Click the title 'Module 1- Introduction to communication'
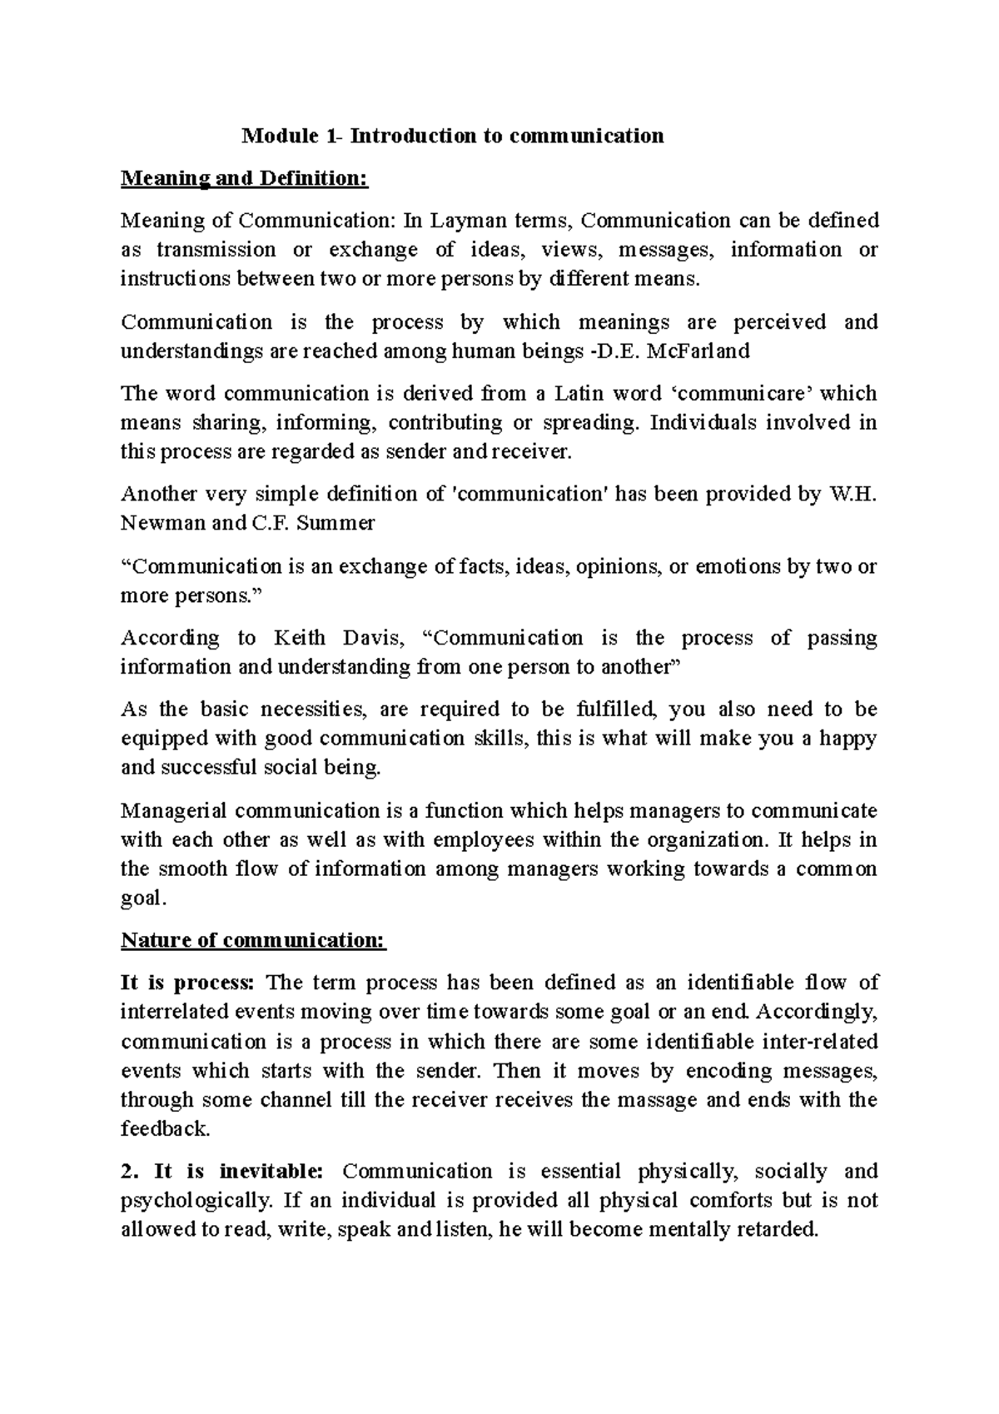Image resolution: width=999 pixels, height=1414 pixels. (452, 136)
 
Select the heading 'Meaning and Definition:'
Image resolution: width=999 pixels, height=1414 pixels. (244, 178)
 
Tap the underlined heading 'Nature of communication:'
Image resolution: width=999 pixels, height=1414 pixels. (254, 940)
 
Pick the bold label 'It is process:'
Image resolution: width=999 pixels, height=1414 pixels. (187, 983)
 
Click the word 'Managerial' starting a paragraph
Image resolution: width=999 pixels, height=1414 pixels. (173, 811)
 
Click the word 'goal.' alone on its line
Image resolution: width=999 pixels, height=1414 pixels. (144, 899)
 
